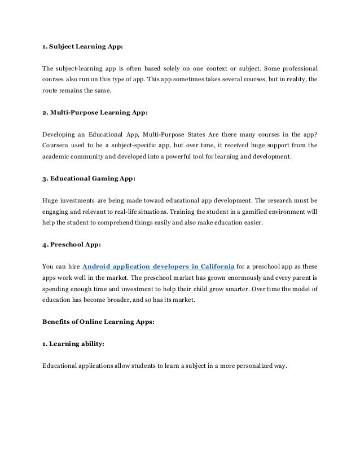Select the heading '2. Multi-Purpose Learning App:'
(x=95, y=112)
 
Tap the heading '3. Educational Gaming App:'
(x=89, y=178)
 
